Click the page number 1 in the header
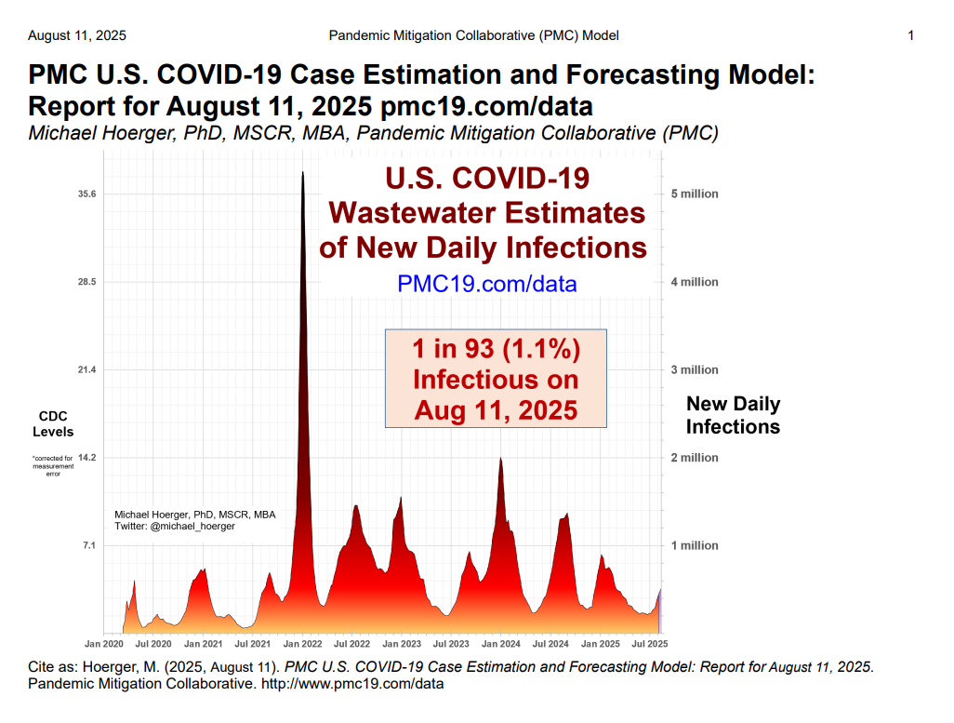pyautogui.click(x=911, y=35)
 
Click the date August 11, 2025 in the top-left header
pyautogui.click(x=77, y=35)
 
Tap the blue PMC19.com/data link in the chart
pyautogui.click(x=486, y=284)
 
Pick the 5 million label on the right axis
pyautogui.click(x=695, y=194)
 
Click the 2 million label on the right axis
pyautogui.click(x=695, y=458)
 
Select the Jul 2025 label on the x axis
pyautogui.click(x=650, y=644)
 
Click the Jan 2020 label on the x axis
pyautogui.click(x=104, y=644)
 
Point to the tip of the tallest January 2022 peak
pyautogui.click(x=302, y=172)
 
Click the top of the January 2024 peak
pyautogui.click(x=501, y=458)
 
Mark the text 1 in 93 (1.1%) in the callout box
pyautogui.click(x=496, y=350)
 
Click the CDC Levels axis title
pyautogui.click(x=53, y=423)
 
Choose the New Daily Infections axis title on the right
pyautogui.click(x=733, y=415)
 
